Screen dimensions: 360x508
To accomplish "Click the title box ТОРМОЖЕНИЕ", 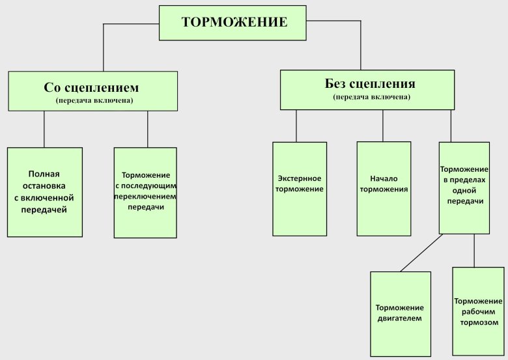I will [234, 22].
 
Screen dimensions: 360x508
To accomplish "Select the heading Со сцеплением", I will [92, 87].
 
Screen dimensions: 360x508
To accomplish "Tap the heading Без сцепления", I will [370, 84].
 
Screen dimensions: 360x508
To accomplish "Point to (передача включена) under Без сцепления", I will [371, 97].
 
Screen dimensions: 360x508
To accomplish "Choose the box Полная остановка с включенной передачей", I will [44, 192].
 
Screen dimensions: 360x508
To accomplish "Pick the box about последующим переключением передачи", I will [145, 191].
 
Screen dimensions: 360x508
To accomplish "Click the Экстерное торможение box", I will [300, 189].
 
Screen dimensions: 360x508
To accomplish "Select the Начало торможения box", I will [384, 188].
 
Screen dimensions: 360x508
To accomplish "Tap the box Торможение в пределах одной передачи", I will [464, 187].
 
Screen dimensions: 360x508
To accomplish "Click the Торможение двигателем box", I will [401, 313].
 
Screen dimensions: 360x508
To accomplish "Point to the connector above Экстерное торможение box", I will [296, 126].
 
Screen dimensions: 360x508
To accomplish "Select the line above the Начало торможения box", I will [383, 125].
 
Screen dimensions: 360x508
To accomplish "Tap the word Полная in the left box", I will [44, 174].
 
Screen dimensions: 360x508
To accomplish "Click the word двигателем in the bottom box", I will [401, 319].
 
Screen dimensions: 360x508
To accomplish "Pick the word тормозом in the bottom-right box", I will [478, 323].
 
